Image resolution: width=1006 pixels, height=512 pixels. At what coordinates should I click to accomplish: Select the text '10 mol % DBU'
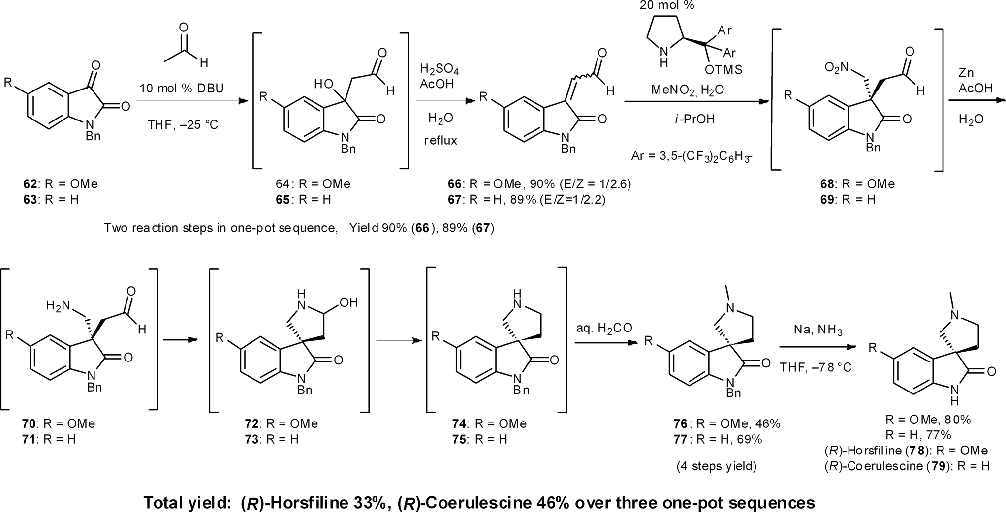tap(182, 89)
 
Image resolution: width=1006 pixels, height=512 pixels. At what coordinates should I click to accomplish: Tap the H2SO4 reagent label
tap(439, 69)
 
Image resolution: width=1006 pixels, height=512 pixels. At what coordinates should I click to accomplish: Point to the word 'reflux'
tap(440, 141)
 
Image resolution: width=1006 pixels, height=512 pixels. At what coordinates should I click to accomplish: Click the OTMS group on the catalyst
tap(723, 70)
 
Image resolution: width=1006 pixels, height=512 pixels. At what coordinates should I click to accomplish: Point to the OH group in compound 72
tap(348, 302)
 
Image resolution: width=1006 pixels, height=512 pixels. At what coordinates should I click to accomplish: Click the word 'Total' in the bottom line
tap(167, 502)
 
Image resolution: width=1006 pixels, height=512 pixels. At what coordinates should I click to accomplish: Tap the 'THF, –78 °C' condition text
tap(816, 367)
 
